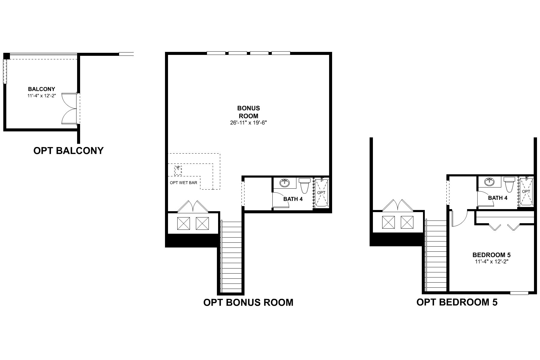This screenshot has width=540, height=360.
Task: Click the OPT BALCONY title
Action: click(x=68, y=151)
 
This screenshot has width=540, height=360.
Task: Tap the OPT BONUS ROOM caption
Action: click(x=248, y=302)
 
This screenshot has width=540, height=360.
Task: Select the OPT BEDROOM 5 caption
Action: click(x=457, y=302)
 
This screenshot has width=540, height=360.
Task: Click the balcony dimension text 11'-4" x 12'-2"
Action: click(x=41, y=96)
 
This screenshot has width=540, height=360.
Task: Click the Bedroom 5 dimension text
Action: click(x=491, y=261)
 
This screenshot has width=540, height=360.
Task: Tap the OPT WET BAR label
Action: click(x=183, y=182)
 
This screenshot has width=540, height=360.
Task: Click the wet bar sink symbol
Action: click(x=178, y=170)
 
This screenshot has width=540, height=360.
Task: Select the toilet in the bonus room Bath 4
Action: click(x=304, y=185)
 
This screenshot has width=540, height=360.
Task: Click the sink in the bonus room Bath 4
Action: click(x=284, y=182)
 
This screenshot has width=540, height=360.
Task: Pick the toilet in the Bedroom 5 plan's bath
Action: click(x=509, y=184)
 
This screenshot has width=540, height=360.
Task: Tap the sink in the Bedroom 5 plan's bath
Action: click(x=490, y=181)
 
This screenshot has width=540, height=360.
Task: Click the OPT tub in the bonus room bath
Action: click(x=321, y=193)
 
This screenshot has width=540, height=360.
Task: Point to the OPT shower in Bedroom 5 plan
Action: click(x=526, y=191)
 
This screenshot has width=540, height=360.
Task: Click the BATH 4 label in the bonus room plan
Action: click(x=293, y=199)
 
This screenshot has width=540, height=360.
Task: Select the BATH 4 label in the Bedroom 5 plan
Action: click(x=498, y=198)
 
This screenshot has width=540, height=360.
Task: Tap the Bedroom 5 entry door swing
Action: click(x=459, y=218)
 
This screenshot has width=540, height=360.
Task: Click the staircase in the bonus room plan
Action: click(x=231, y=257)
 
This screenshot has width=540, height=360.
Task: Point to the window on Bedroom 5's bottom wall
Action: click(x=519, y=293)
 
